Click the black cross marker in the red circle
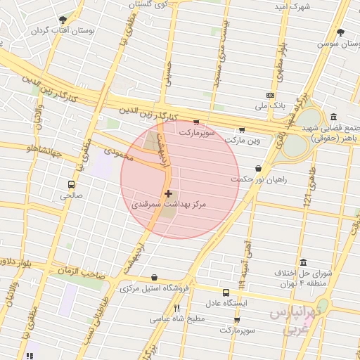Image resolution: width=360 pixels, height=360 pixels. click(x=168, y=193)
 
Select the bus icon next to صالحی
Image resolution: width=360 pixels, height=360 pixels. click(x=70, y=185)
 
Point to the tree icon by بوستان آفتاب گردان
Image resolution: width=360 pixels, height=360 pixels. click(x=63, y=20)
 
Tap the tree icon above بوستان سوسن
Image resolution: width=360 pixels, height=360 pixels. click(x=341, y=32)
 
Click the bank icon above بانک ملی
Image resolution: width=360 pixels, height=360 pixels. click(x=270, y=95)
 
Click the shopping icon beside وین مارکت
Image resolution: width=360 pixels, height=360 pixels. click(x=242, y=129)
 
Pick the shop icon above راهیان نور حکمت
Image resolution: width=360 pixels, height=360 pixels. click(x=259, y=169)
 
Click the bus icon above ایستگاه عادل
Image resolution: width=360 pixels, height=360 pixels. click(x=226, y=292)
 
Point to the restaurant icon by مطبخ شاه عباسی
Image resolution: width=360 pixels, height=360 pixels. click(x=177, y=308)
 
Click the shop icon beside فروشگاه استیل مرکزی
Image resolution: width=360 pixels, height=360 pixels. click(x=154, y=278)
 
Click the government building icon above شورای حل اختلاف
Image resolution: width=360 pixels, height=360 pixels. click(x=303, y=262)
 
